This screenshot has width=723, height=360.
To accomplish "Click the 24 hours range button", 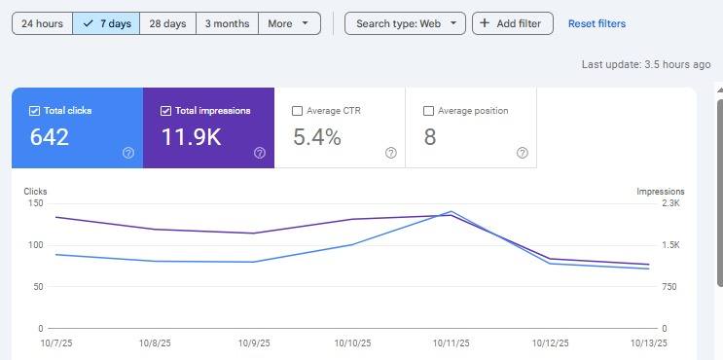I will point(42,23).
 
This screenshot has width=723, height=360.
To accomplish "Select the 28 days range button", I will point(167,23).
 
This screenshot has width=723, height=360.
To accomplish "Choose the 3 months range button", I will point(227,23).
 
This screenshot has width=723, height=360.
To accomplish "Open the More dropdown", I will point(289,23).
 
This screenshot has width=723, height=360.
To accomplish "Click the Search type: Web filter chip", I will point(405,23).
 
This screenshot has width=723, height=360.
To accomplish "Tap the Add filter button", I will point(513,23).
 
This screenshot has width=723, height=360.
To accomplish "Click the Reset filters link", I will point(596,23).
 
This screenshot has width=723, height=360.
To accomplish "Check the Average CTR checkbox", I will point(298,111).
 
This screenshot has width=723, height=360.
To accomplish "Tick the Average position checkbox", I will point(429,111).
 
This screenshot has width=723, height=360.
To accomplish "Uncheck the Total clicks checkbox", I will point(35,111).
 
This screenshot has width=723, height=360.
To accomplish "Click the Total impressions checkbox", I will point(166,111).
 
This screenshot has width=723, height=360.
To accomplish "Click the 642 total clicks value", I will point(50,137).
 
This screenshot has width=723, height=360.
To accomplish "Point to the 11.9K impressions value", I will point(192,137).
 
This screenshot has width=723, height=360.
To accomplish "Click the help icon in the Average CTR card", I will point(391,153).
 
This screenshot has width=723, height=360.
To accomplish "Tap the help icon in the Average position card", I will point(523,153).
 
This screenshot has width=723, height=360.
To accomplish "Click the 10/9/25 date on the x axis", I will point(253,342).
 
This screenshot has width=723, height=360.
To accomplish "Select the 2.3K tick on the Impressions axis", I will point(670,203).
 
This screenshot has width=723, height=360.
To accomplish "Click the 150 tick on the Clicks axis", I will point(35,203).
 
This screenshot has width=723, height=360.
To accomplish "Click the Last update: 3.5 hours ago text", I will point(646,64).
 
